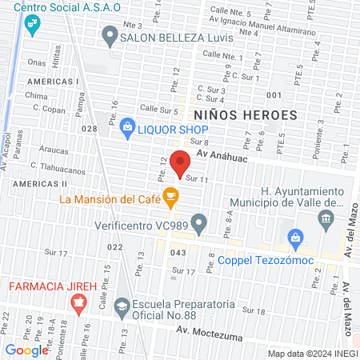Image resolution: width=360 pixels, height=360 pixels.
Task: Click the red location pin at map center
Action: [x=180, y=162]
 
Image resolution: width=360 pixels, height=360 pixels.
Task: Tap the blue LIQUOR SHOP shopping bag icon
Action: [x=127, y=126]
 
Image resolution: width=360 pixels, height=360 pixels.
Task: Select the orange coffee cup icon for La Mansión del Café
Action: [x=170, y=196]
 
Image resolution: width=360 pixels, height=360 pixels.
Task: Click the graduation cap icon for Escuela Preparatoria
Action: [x=121, y=306]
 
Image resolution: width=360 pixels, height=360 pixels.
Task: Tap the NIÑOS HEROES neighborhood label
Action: [x=245, y=115]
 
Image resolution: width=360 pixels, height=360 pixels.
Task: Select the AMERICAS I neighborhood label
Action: [x=51, y=82]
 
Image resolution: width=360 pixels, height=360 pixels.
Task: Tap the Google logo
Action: [x=26, y=350]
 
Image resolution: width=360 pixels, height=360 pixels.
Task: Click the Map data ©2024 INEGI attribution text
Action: [x=310, y=354]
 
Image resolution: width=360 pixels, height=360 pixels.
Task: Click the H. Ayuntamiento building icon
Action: [x=326, y=218]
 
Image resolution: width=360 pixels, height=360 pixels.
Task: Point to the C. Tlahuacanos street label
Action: [x=58, y=168]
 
